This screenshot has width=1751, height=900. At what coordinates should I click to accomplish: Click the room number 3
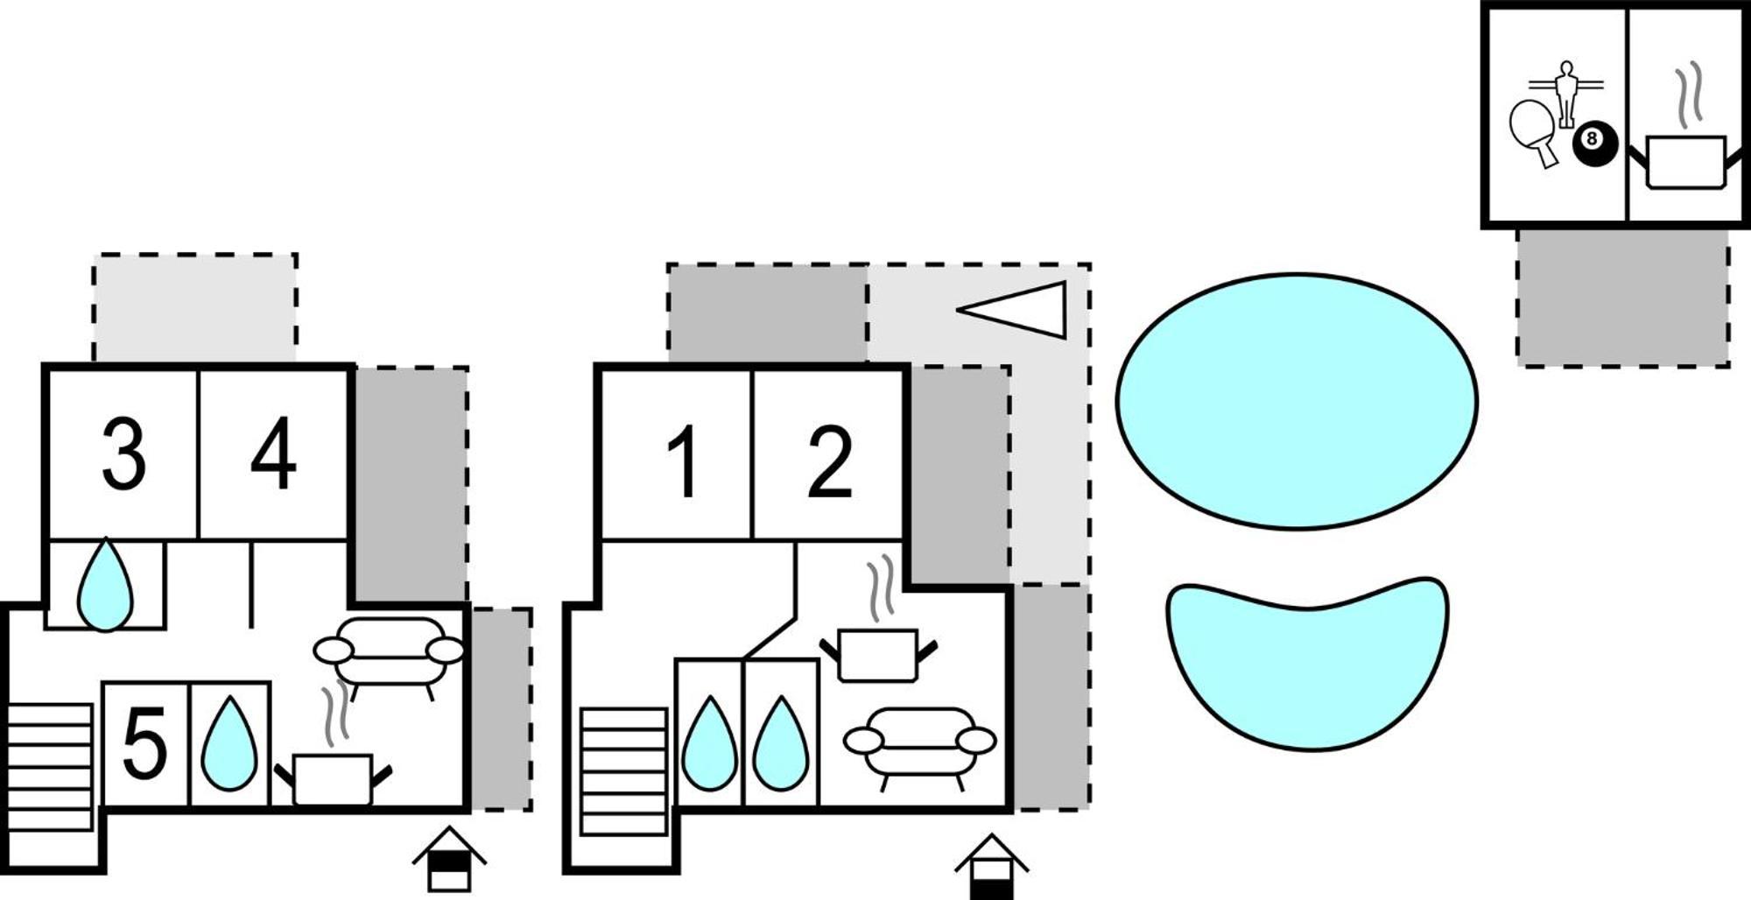(x=123, y=454)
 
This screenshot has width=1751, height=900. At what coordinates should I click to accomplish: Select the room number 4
(x=273, y=454)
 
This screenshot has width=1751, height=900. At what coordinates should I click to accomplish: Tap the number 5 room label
(x=144, y=743)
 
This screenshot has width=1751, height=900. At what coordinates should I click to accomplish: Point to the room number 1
(x=683, y=461)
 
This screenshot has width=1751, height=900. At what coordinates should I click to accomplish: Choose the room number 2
(x=829, y=461)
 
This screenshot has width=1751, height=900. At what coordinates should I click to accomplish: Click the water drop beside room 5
(x=229, y=743)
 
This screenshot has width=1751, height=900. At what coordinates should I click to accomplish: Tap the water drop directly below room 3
(x=105, y=584)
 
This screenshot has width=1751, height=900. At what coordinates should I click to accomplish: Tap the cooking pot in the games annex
(x=1685, y=140)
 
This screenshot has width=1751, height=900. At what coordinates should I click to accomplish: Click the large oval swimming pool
(x=1297, y=402)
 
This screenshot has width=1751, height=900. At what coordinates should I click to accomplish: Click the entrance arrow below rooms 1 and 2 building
(x=991, y=866)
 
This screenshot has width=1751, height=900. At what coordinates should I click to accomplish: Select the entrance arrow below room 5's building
(x=449, y=858)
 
